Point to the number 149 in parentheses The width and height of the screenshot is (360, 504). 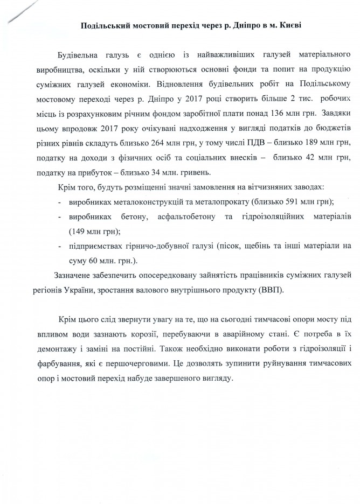(80, 232)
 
